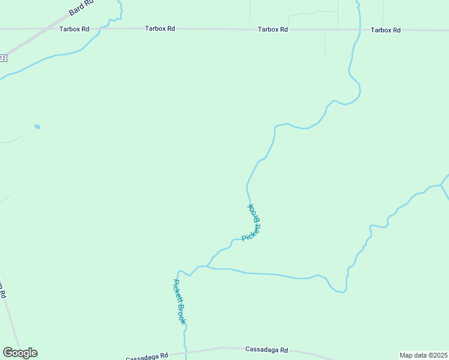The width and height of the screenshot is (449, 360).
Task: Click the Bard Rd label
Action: (x=82, y=8)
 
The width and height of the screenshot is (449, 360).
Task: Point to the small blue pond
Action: (x=37, y=127)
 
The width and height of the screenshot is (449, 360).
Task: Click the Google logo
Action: (x=20, y=353)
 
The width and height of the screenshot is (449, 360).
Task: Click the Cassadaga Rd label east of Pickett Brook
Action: (x=267, y=350)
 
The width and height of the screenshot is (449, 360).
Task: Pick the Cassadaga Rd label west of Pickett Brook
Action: (x=147, y=356)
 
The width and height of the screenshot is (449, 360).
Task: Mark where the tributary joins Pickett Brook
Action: (x=207, y=266)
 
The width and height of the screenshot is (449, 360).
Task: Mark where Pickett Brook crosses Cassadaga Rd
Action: (x=185, y=350)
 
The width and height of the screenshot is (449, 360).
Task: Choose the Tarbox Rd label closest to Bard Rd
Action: (x=74, y=28)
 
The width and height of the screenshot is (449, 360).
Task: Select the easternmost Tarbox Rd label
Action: (x=385, y=29)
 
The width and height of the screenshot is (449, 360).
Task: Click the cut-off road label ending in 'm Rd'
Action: (x=2, y=290)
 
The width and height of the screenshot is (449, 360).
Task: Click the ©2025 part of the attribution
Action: (x=437, y=355)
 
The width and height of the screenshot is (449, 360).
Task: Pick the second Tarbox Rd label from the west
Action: (x=160, y=28)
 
